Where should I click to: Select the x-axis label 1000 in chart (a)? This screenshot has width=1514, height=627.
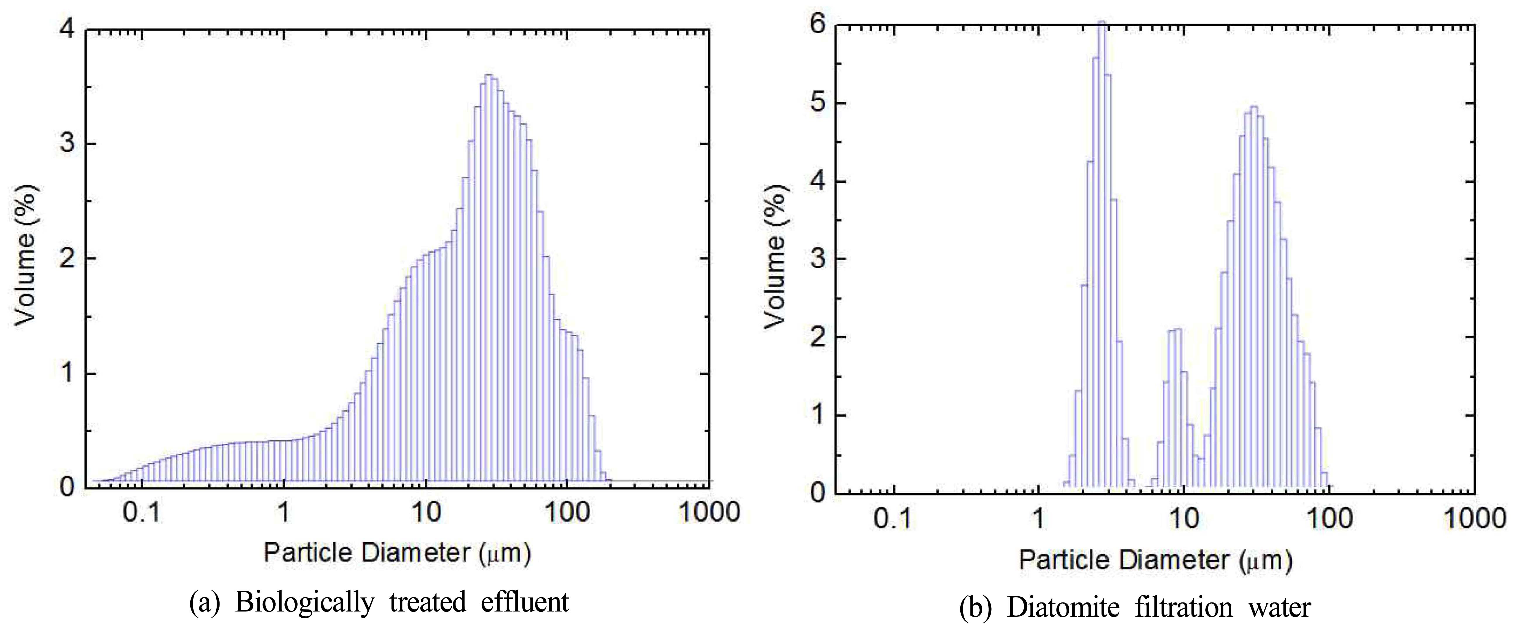click(709, 512)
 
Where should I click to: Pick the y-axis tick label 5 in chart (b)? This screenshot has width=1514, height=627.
click(817, 104)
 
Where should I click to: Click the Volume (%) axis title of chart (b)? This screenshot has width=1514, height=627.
click(776, 259)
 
